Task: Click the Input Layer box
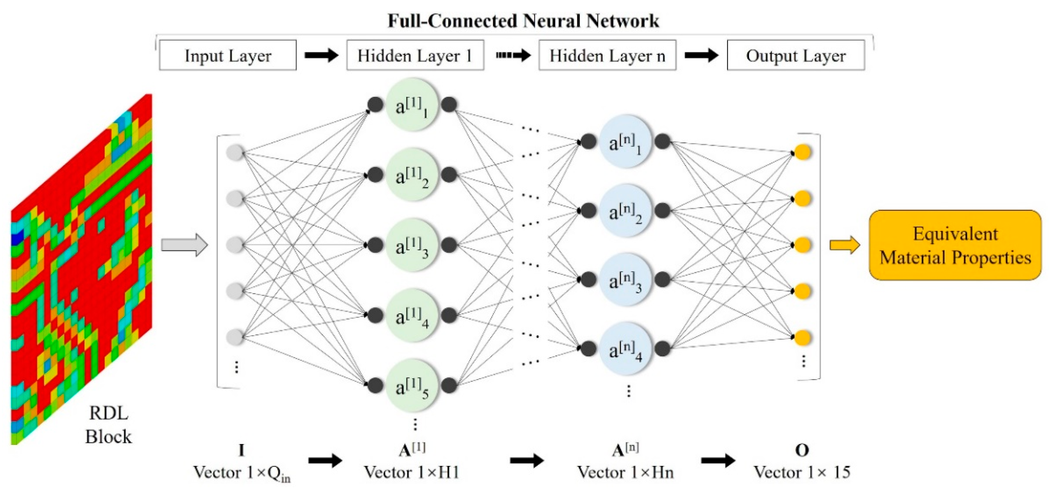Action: (227, 55)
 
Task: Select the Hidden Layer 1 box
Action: (415, 55)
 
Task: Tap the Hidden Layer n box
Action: (607, 55)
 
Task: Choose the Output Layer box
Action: (796, 55)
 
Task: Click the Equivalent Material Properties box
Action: (955, 245)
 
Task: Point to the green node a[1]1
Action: (412, 105)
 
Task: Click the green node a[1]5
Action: (412, 385)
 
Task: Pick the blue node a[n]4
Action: (625, 349)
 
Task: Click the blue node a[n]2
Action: (625, 210)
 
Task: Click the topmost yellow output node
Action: (802, 152)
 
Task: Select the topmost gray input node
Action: (235, 153)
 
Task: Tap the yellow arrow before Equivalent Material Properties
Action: (845, 245)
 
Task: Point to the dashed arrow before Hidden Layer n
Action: (513, 55)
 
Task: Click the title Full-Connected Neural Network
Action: (523, 21)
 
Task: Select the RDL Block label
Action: (108, 425)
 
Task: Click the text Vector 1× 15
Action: (802, 472)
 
